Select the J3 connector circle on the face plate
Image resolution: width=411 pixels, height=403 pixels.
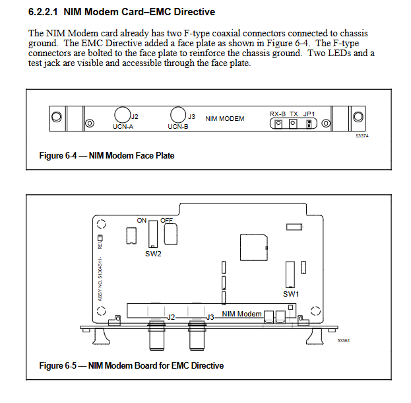tap(177, 114)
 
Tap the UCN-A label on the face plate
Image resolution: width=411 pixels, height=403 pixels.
tap(123, 127)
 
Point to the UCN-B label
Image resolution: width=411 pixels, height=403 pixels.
tap(178, 127)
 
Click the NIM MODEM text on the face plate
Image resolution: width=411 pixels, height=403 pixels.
tap(225, 119)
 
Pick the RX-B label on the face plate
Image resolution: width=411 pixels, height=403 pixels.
tap(277, 114)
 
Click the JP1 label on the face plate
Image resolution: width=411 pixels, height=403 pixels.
tap(309, 114)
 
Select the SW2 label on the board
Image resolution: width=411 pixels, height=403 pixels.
tap(153, 253)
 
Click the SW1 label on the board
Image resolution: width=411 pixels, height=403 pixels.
tap(291, 293)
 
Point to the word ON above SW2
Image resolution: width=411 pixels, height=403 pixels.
tap(142, 220)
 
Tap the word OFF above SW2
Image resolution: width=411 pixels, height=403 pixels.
tap(166, 220)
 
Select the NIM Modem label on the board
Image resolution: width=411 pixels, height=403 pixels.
tap(241, 314)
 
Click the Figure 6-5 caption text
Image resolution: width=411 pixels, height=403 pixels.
tap(131, 365)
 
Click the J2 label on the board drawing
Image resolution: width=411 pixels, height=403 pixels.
tap(170, 317)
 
